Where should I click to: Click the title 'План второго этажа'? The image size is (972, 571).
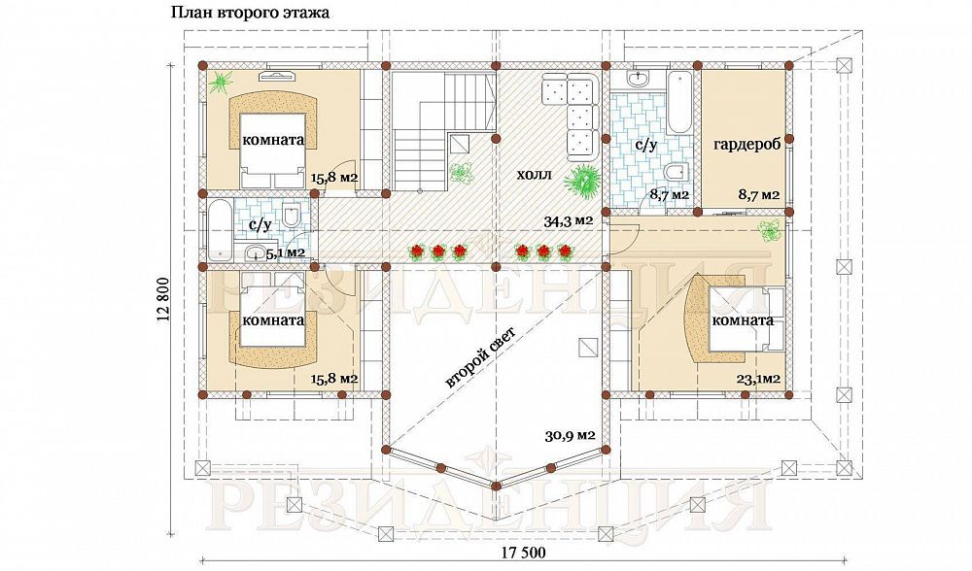251,13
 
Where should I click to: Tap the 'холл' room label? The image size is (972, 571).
535,175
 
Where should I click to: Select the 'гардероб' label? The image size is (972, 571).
746,146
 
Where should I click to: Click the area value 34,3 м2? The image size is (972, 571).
569,220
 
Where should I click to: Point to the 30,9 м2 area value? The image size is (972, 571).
571,435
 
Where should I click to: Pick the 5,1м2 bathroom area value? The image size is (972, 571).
285,252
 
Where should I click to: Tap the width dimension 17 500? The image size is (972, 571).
522,554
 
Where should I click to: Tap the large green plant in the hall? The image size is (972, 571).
581,181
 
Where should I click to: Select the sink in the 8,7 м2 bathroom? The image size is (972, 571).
638,79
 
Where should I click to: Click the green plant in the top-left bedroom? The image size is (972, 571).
220,81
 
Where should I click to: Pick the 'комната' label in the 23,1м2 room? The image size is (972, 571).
743,320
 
